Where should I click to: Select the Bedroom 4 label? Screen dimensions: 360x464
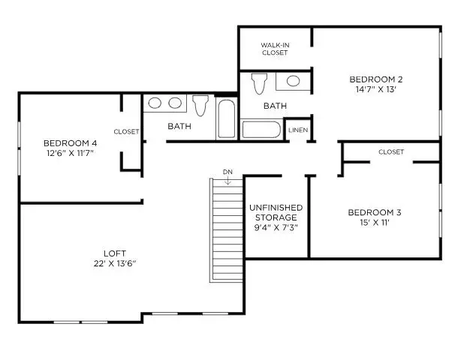[x=70, y=143]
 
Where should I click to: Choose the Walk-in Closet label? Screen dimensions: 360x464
[x=275, y=49]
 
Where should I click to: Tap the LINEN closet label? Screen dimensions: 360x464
[x=297, y=130]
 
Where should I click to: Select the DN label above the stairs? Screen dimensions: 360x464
[x=227, y=172]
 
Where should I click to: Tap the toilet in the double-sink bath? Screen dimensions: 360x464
[x=200, y=105]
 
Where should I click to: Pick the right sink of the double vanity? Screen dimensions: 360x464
[x=176, y=103]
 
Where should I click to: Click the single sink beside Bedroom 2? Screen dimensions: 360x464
[x=293, y=80]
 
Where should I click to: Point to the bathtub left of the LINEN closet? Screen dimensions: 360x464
[x=261, y=129]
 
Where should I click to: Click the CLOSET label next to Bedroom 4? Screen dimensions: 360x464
[x=126, y=131]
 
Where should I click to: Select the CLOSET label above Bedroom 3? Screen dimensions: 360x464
[x=390, y=151]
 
